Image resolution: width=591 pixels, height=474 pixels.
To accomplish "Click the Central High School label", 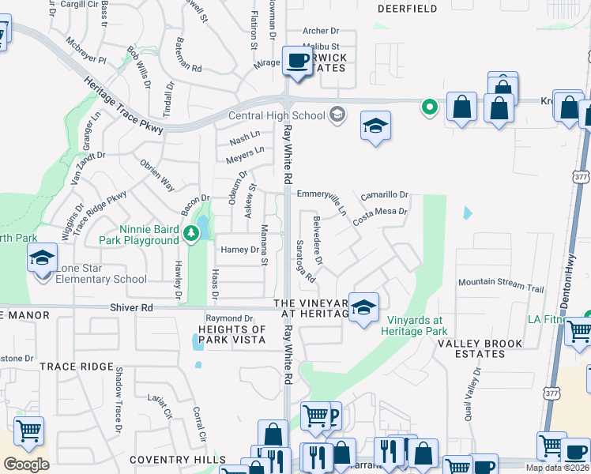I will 276,116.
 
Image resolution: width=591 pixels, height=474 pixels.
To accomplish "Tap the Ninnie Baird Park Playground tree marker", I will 190,233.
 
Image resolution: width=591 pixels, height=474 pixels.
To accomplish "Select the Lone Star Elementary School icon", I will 42,258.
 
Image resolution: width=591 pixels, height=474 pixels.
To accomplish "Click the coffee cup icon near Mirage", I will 297,61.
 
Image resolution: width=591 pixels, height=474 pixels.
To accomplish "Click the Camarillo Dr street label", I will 385,194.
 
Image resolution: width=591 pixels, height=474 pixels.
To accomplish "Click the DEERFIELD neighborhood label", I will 407,9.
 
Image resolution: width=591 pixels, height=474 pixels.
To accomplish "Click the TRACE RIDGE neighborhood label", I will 77,367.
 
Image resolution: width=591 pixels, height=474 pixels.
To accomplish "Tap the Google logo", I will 26,465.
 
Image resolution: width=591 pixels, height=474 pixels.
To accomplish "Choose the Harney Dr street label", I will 239,250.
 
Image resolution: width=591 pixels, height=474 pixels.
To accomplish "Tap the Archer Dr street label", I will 321,31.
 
